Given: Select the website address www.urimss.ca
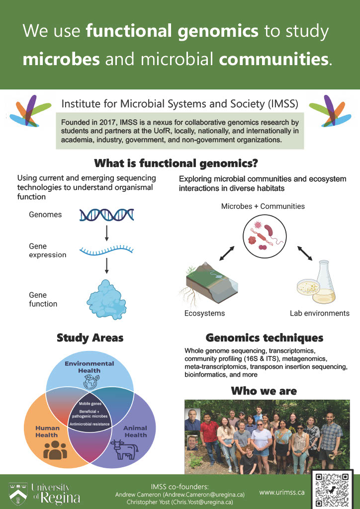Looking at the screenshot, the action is pyautogui.click(x=282, y=492).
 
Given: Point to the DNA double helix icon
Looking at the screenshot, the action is pyautogui.click(x=107, y=215).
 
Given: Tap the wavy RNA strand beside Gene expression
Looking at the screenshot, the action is pyautogui.click(x=107, y=250).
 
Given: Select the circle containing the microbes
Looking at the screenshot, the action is pyautogui.click(x=265, y=235).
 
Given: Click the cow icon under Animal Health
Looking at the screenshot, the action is pyautogui.click(x=124, y=449).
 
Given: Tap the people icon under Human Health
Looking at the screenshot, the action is pyautogui.click(x=55, y=449).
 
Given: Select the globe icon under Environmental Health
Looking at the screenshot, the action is pyautogui.click(x=90, y=382).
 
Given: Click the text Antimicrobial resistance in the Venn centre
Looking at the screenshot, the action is pyautogui.click(x=90, y=424).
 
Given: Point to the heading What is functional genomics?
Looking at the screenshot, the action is pyautogui.click(x=176, y=163).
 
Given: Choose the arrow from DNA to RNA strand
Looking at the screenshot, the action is pyautogui.click(x=106, y=231).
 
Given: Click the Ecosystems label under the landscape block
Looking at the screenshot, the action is pyautogui.click(x=204, y=313).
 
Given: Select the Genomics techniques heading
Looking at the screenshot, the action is pyautogui.click(x=265, y=338).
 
